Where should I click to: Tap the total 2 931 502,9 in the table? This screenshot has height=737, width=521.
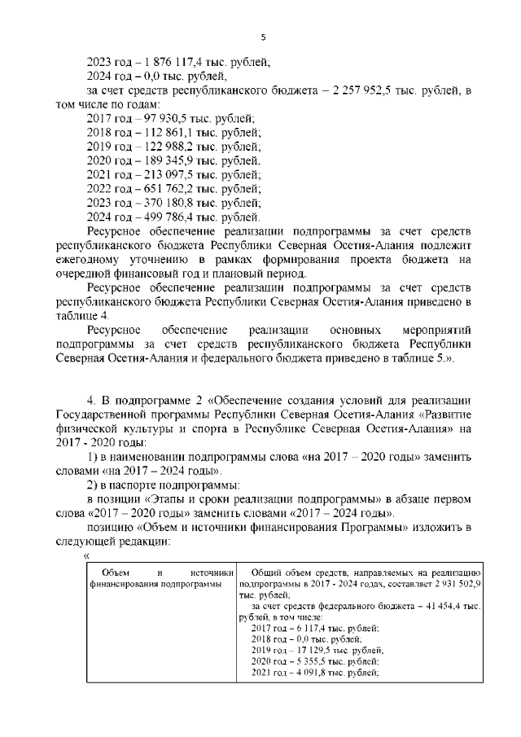click(452, 585)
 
